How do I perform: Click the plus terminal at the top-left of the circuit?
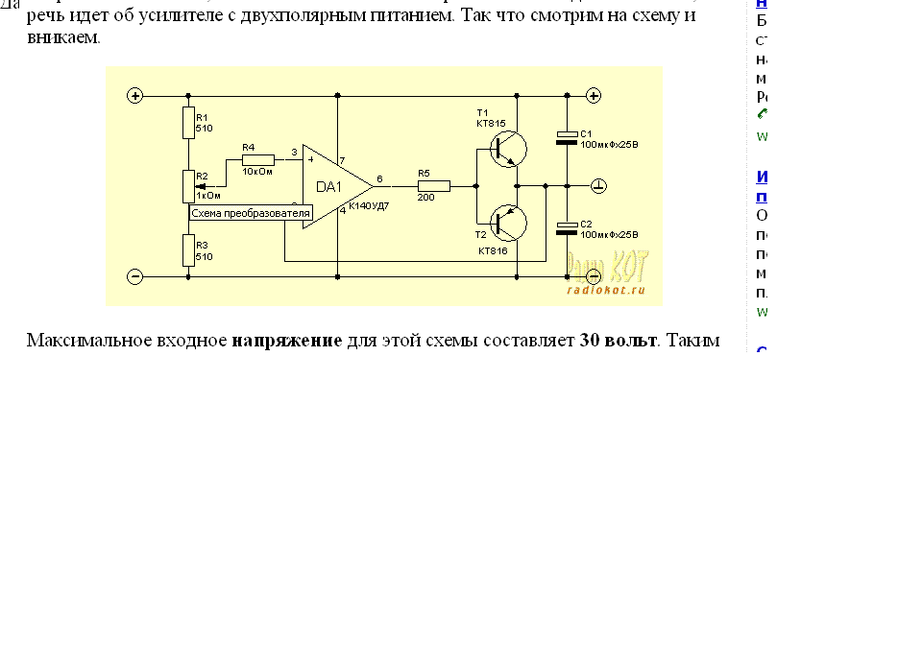[135, 96]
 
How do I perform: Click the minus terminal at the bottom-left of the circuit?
[135, 276]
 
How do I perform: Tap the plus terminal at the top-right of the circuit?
[595, 96]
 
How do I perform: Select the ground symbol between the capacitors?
[596, 185]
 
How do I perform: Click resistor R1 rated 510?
[188, 122]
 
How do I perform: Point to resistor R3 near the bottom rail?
[188, 249]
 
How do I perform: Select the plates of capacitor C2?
[568, 228]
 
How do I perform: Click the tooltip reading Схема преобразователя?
[251, 213]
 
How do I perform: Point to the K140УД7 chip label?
[369, 206]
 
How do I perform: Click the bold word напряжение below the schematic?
[287, 341]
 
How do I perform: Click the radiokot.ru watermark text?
[605, 289]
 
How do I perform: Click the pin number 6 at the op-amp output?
[379, 178]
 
